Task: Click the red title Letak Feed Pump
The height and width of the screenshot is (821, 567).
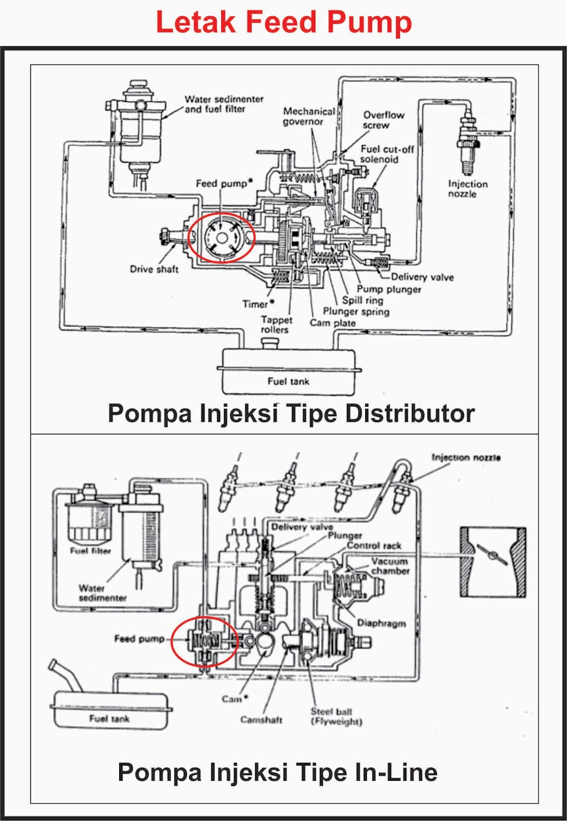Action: (x=283, y=23)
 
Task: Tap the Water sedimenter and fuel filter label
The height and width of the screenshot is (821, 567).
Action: (x=223, y=104)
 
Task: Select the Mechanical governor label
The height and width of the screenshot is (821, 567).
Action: (x=308, y=116)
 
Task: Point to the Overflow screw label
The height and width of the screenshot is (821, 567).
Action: (x=383, y=120)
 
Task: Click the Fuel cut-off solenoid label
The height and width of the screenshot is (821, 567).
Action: (x=386, y=154)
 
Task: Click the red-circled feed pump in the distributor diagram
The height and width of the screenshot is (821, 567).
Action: (x=221, y=237)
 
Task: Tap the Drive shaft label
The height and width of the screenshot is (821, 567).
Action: (x=154, y=269)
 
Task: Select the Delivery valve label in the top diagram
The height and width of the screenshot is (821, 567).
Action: (x=422, y=277)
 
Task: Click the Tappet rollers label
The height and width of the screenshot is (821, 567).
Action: (x=276, y=324)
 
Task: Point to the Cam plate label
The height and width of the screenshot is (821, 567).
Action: (x=332, y=323)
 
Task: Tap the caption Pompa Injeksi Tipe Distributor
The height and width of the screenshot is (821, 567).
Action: (x=291, y=414)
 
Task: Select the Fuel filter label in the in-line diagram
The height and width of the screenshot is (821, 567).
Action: (x=90, y=551)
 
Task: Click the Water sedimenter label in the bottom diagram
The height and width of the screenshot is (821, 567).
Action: (x=101, y=593)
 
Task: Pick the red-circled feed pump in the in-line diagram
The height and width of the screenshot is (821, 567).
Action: (x=204, y=641)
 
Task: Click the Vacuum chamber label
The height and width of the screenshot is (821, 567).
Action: (x=390, y=566)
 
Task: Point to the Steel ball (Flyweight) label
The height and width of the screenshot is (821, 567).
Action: (x=336, y=716)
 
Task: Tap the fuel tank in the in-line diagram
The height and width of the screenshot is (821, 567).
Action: (x=110, y=711)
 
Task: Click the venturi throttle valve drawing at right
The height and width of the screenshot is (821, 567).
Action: (x=493, y=561)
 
